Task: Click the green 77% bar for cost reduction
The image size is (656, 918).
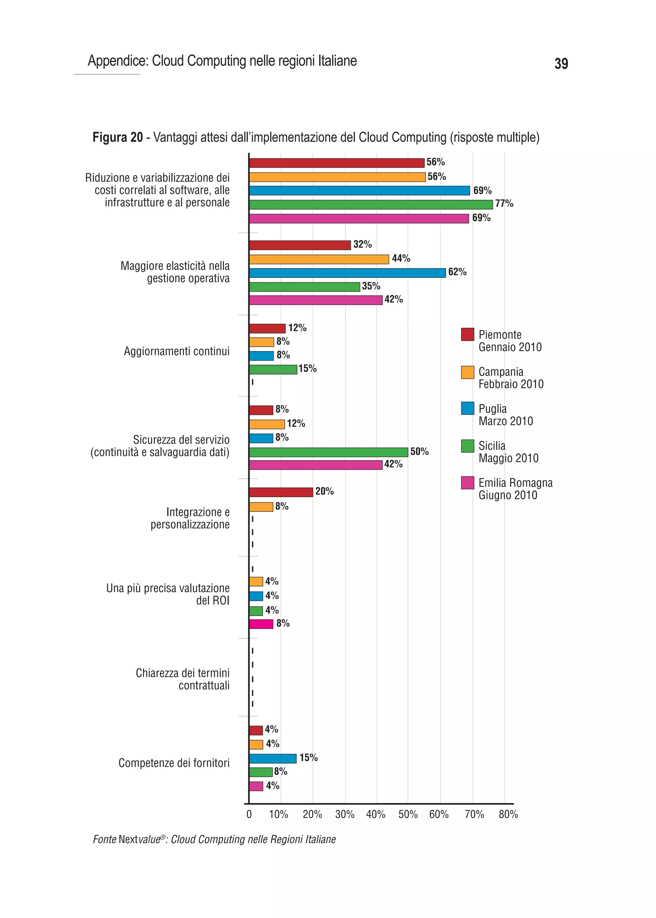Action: coord(371,204)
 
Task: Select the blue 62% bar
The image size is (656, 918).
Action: coord(348,273)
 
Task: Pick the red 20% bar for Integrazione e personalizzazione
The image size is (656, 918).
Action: coord(281,492)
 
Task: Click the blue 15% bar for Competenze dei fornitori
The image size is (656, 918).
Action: coord(273,758)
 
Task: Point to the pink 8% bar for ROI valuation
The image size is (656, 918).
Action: coord(261,624)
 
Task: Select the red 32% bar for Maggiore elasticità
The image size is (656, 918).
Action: coord(300,245)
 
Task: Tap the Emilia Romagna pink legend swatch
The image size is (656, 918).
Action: coord(467,482)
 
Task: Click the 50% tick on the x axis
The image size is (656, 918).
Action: coord(408,814)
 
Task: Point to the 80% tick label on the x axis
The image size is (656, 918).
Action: coord(508,814)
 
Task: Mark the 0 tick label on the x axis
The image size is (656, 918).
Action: coord(249,814)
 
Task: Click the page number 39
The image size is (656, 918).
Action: coord(561,64)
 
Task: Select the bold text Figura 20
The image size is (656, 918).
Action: coord(118,137)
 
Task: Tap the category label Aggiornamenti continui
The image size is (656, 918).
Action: coord(176,351)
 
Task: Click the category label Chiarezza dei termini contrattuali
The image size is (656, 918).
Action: coord(183,679)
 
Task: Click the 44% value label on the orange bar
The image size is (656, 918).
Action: coord(401,258)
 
